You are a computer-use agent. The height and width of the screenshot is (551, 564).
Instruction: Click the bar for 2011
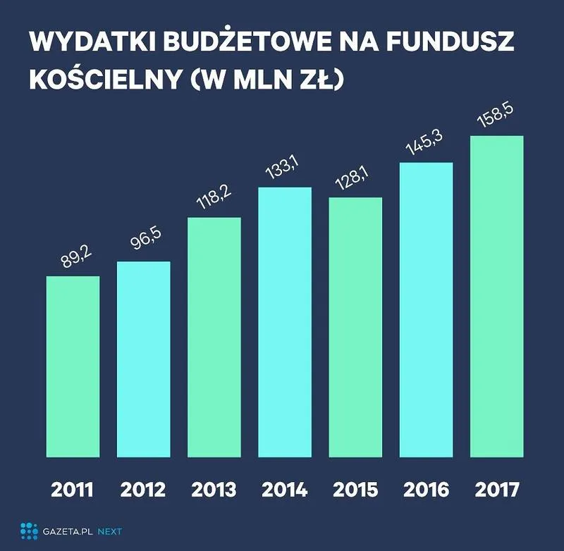pos(73,366)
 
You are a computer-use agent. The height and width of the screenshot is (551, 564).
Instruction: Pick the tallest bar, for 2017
pos(496,296)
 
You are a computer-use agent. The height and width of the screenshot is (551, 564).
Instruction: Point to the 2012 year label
pos(143,490)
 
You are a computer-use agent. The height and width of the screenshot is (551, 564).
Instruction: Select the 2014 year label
pos(285,490)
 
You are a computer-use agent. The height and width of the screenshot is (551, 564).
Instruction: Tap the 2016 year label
pos(426,490)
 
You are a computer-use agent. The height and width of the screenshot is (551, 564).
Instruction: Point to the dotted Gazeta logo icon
pos(29,531)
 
